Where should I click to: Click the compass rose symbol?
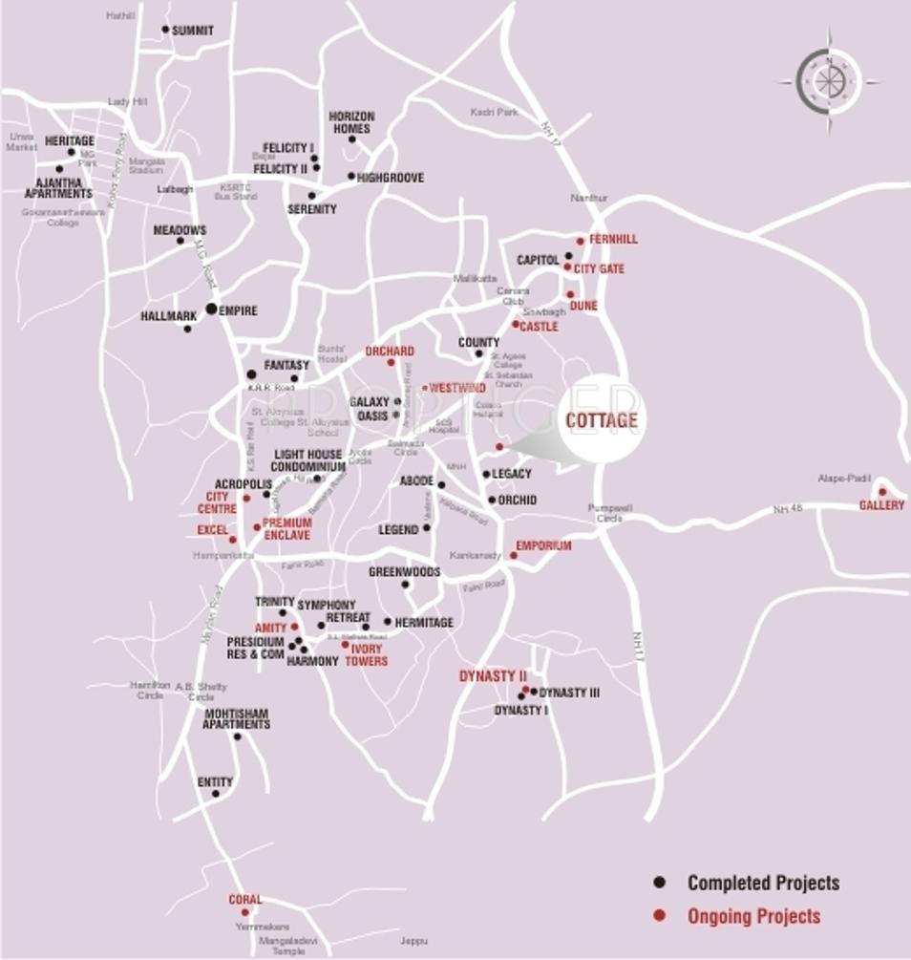click(828, 80)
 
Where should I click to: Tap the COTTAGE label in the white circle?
click(601, 420)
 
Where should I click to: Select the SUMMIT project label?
click(193, 31)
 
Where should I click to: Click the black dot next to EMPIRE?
click(211, 309)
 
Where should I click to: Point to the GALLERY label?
click(881, 505)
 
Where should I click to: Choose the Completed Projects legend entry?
click(763, 883)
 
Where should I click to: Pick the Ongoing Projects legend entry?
click(753, 916)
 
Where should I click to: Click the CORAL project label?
click(245, 900)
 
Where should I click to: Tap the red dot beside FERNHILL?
click(580, 241)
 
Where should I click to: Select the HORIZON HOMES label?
click(351, 122)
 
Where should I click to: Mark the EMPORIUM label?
click(543, 546)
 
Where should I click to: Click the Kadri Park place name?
click(494, 113)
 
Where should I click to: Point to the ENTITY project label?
click(215, 782)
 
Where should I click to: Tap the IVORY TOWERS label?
click(366, 655)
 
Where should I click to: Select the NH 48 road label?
click(788, 510)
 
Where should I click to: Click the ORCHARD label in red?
click(390, 352)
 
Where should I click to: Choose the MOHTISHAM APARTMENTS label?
click(236, 718)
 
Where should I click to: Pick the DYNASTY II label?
click(493, 676)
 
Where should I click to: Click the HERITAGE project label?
click(70, 141)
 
